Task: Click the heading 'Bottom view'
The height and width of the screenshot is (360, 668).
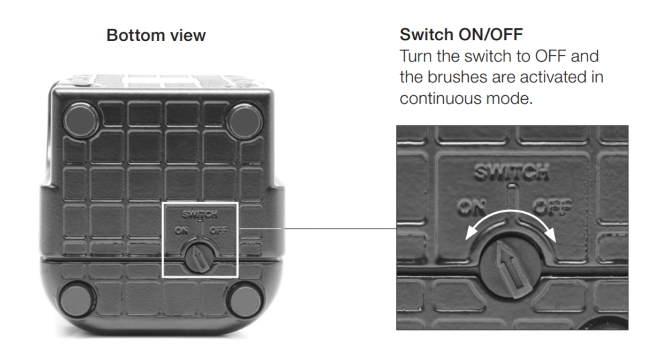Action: click(x=156, y=35)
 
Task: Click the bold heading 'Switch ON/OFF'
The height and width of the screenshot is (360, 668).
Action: click(x=461, y=34)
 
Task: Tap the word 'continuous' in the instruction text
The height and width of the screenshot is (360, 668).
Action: click(x=440, y=98)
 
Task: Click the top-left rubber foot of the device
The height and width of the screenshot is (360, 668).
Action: click(x=81, y=120)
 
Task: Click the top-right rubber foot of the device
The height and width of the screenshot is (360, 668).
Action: click(x=244, y=120)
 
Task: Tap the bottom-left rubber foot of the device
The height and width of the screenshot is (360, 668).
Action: click(x=77, y=299)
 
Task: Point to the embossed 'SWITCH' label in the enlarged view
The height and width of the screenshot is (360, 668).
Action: click(x=511, y=172)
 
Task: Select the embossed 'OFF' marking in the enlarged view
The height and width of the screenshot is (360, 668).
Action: click(x=552, y=207)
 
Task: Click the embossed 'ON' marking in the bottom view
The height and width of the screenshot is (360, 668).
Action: click(x=182, y=230)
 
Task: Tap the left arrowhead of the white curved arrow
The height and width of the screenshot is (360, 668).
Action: click(x=471, y=233)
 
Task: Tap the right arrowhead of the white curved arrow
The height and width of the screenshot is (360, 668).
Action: click(x=551, y=235)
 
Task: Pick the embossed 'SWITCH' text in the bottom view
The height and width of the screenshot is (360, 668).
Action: click(x=200, y=214)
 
